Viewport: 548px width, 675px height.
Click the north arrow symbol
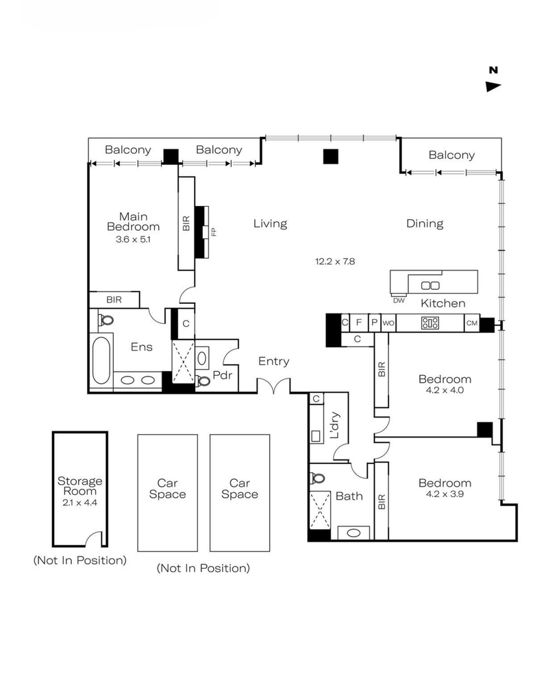(x=493, y=86)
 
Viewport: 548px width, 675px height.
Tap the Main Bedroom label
(x=134, y=221)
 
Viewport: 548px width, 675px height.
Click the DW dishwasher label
(x=399, y=300)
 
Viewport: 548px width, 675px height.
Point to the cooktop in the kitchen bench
(x=430, y=322)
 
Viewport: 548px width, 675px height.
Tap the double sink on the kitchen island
(x=429, y=285)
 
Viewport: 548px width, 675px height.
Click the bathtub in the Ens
(x=100, y=359)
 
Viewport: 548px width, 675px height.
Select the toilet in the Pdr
(x=202, y=381)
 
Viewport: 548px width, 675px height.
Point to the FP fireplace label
(x=213, y=232)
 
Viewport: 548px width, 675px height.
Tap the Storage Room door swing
(x=97, y=539)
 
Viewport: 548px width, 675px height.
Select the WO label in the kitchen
(x=388, y=322)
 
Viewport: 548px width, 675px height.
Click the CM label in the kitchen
(x=471, y=322)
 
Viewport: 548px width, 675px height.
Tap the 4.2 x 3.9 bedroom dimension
(x=445, y=494)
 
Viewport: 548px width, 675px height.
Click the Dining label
(x=425, y=223)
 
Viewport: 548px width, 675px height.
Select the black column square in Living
(x=331, y=157)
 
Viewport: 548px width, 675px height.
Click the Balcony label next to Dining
(x=451, y=155)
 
